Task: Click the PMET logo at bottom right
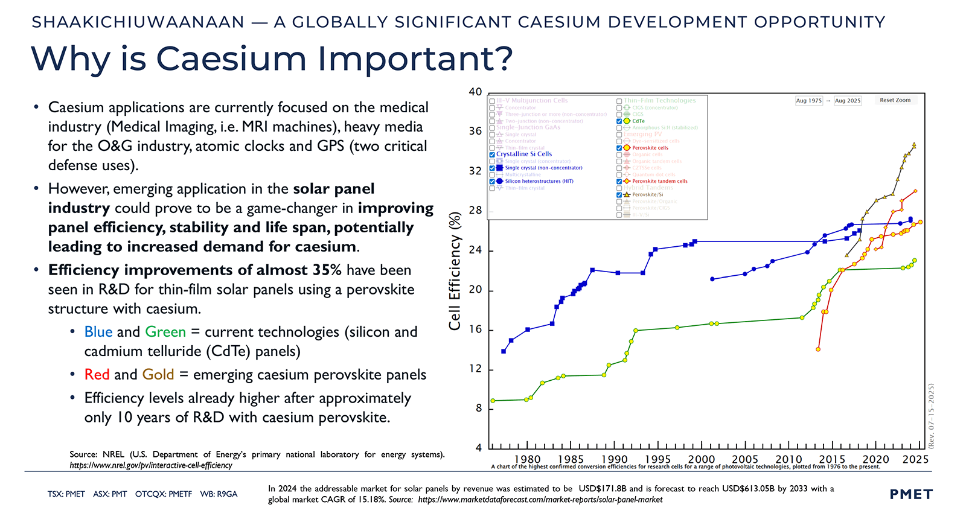pos(911,494)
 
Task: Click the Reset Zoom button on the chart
pos(895,100)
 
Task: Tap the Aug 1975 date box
pos(809,101)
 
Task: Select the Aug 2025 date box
pos(848,101)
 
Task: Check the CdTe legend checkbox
pos(619,121)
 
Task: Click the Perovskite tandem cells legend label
pos(660,181)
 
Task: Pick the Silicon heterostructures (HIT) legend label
pos(539,181)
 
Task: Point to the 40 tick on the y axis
pos(476,92)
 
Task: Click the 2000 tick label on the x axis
pos(702,459)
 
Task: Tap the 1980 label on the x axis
pos(527,459)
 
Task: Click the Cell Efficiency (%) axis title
pos(455,271)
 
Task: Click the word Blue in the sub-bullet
pos(98,332)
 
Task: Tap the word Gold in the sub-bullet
pos(158,375)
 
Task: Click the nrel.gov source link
pos(151,465)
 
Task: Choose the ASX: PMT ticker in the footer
pos(110,494)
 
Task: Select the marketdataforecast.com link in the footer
pos(540,500)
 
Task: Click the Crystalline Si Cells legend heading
pos(524,154)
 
